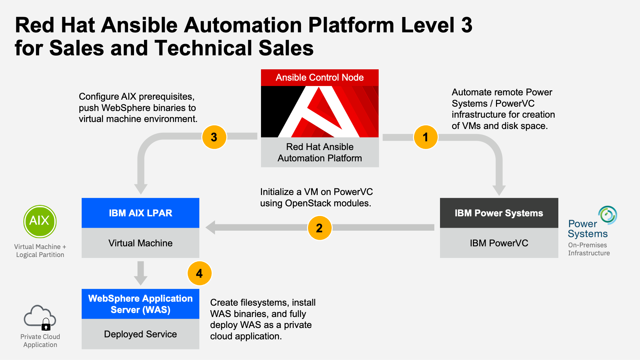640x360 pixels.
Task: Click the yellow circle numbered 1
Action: [426, 137]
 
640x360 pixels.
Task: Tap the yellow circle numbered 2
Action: [319, 228]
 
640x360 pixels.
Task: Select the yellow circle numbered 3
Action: [214, 137]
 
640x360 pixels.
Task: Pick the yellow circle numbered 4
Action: [199, 273]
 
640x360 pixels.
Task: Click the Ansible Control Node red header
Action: [320, 78]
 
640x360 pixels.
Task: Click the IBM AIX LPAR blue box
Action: [140, 213]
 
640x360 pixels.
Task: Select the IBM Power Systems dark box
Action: [499, 213]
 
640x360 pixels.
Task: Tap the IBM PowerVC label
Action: [499, 243]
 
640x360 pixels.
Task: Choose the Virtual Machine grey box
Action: [140, 243]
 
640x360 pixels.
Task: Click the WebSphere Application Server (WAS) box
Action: [140, 304]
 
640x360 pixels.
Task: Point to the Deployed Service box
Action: [140, 334]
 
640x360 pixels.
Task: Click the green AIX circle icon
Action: [40, 221]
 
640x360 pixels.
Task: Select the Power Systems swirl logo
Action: [608, 215]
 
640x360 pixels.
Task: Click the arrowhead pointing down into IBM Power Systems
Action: [499, 190]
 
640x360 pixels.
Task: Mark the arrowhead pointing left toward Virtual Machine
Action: [211, 227]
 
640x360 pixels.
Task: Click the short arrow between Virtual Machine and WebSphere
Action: [141, 273]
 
